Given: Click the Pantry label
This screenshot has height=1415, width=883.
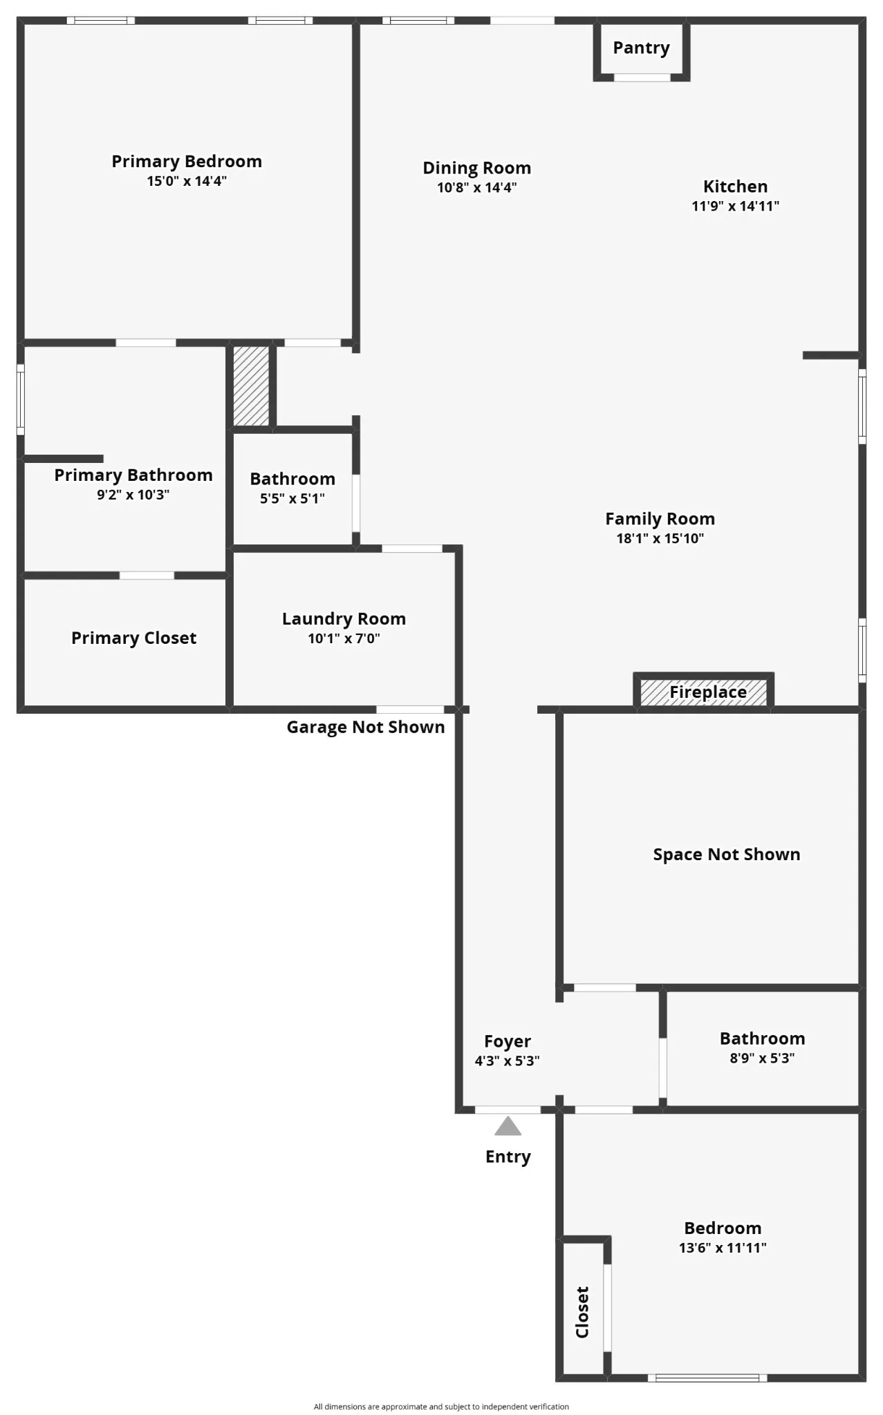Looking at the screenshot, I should pyautogui.click(x=641, y=48).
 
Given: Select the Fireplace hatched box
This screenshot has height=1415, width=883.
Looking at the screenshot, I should pyautogui.click(x=703, y=692).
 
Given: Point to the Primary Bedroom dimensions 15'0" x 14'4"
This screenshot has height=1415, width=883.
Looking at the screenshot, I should pyautogui.click(x=187, y=181).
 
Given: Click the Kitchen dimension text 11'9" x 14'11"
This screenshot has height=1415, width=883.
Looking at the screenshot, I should pyautogui.click(x=735, y=206).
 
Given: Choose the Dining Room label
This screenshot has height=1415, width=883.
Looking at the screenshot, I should pyautogui.click(x=476, y=168).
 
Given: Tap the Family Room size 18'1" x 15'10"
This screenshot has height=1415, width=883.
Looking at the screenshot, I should pyautogui.click(x=660, y=539).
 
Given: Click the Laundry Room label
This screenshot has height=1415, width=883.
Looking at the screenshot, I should pyautogui.click(x=344, y=618).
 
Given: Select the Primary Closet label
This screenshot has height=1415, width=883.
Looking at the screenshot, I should pyautogui.click(x=133, y=638).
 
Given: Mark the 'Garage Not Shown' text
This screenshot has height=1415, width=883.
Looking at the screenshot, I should pyautogui.click(x=365, y=727).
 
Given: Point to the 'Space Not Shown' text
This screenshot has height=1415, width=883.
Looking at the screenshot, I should pyautogui.click(x=726, y=855).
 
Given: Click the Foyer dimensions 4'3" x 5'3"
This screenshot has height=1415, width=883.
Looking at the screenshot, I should pyautogui.click(x=507, y=1061).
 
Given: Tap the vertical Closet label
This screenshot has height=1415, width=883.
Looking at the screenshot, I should pyautogui.click(x=582, y=1312).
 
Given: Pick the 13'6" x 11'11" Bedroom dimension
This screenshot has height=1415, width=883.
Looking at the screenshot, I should pyautogui.click(x=723, y=1248).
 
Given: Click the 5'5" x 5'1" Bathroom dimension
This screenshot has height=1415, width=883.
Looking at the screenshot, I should pyautogui.click(x=292, y=499).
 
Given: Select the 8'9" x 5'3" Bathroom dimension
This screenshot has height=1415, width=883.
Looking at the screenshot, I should pyautogui.click(x=762, y=1058).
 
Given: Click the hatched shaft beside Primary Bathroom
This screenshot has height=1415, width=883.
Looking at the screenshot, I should pyautogui.click(x=251, y=386).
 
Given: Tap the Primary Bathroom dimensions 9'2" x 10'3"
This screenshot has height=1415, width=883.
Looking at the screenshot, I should pyautogui.click(x=133, y=495).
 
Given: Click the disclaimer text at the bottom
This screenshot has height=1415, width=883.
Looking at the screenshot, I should pyautogui.click(x=441, y=1406).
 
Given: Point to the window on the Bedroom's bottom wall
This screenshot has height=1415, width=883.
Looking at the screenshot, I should pyautogui.click(x=707, y=1378).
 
